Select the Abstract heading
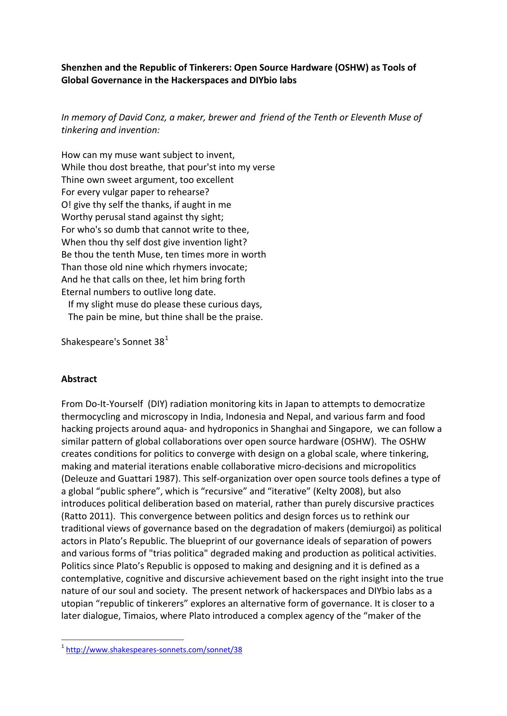[x=79, y=379]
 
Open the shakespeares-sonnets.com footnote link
[x=154, y=650]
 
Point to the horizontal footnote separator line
[x=123, y=640]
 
